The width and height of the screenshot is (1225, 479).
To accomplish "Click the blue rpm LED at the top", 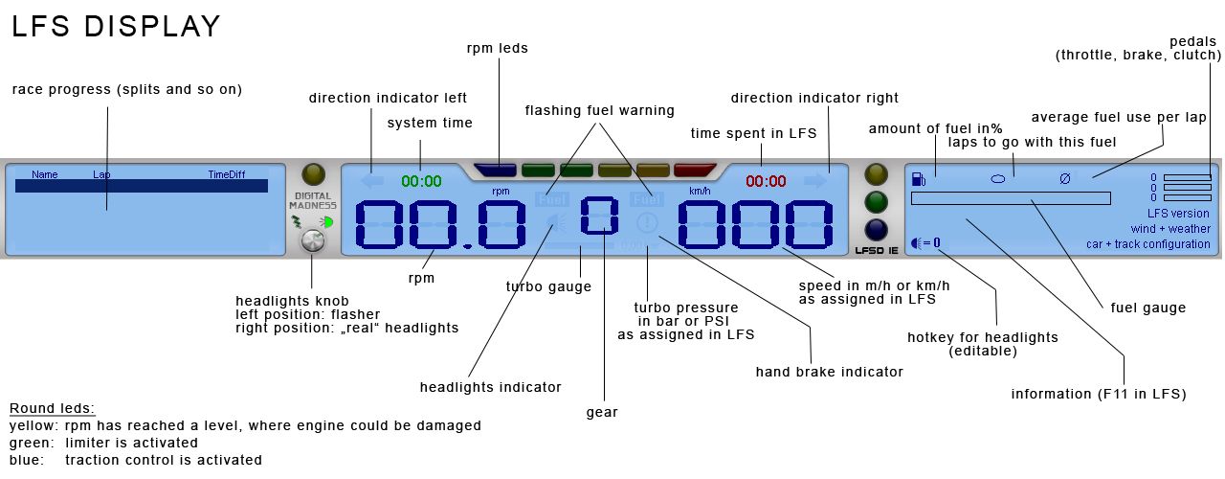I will coord(497,171).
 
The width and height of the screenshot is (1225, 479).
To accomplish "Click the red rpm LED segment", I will coord(695,171).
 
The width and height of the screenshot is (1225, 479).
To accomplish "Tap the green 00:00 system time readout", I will coord(421,181).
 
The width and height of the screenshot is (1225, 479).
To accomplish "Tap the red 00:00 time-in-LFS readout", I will coord(766,181).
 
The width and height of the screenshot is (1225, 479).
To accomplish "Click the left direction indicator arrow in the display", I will coord(372,180).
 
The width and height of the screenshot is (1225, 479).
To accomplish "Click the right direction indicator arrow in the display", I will coord(814,180).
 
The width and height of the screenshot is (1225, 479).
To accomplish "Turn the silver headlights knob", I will coord(313,241).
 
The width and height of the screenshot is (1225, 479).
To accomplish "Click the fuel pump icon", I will coord(919,178).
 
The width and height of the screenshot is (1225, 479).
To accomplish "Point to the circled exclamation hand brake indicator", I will coord(647,223).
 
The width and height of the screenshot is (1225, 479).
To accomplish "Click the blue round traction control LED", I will coord(876,230).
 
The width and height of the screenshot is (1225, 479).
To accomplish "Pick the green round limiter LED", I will coord(876,202).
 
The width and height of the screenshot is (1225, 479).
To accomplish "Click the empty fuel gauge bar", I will coord(1011,198).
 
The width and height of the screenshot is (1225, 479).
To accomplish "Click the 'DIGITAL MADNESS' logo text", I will coord(313,200).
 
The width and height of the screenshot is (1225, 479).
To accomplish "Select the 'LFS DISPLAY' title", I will coord(116,26).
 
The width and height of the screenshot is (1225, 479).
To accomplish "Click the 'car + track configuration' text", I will coord(1147,244).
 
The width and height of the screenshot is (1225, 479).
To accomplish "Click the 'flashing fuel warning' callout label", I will coord(599,110).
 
